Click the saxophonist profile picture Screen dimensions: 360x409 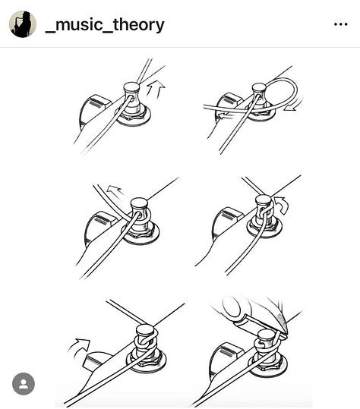point(23,24)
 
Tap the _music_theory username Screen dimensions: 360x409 point(105,25)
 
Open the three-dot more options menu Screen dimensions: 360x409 point(341,24)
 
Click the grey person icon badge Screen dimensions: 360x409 point(24,384)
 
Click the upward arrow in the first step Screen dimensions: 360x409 point(155,90)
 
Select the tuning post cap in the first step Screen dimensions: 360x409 point(131,87)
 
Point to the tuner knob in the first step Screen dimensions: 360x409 point(94,111)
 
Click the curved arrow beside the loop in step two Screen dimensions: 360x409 point(294,104)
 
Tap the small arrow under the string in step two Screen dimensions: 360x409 point(225,115)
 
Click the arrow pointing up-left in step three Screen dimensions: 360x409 point(115,190)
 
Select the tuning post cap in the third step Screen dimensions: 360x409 point(139,203)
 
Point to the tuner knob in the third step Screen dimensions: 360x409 point(100,226)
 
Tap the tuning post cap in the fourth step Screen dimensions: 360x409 point(263,200)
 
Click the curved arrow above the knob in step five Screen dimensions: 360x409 point(79,347)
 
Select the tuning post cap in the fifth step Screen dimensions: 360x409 point(144,329)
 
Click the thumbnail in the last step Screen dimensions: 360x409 point(231,307)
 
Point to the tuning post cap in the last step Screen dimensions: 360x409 point(266,334)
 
